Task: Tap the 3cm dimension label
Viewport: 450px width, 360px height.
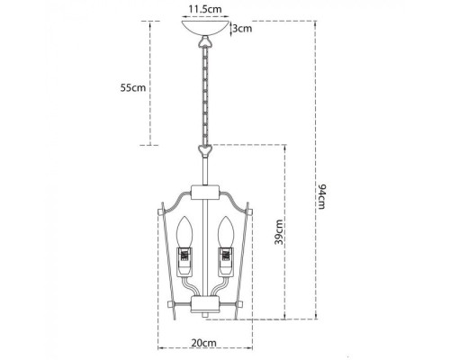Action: [241, 29]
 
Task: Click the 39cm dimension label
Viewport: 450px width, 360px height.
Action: [279, 233]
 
